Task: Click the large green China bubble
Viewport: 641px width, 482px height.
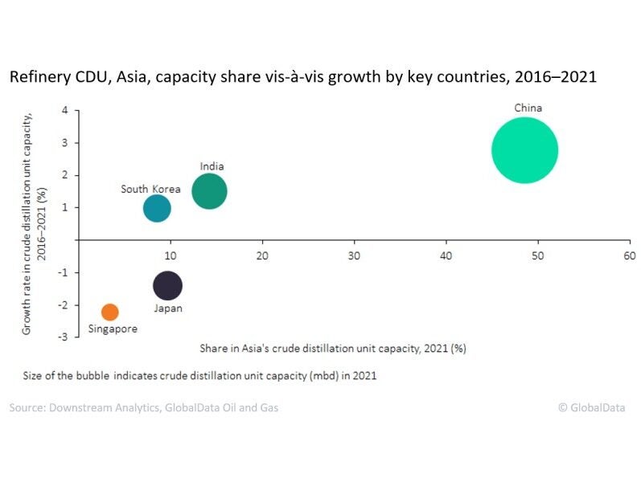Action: [x=524, y=150]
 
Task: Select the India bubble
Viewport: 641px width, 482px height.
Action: [x=209, y=191]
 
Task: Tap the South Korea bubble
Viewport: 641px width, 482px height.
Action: [x=157, y=208]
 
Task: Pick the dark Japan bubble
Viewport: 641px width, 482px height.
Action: [x=167, y=285]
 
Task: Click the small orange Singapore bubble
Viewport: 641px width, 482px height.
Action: [x=110, y=312]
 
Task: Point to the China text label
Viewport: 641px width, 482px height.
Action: [x=528, y=108]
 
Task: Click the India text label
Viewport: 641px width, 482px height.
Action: [x=212, y=166]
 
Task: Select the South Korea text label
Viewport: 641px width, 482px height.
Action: [x=150, y=190]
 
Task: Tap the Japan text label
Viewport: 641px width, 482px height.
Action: [x=168, y=308]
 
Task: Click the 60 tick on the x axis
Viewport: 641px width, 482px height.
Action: [x=629, y=255]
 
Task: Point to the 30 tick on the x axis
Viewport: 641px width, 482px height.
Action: [x=354, y=255]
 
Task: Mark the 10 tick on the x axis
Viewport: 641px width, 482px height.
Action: [x=170, y=255]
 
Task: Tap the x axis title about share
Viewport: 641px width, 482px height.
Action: [x=333, y=349]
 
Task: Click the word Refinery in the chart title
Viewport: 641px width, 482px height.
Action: [x=36, y=79]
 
